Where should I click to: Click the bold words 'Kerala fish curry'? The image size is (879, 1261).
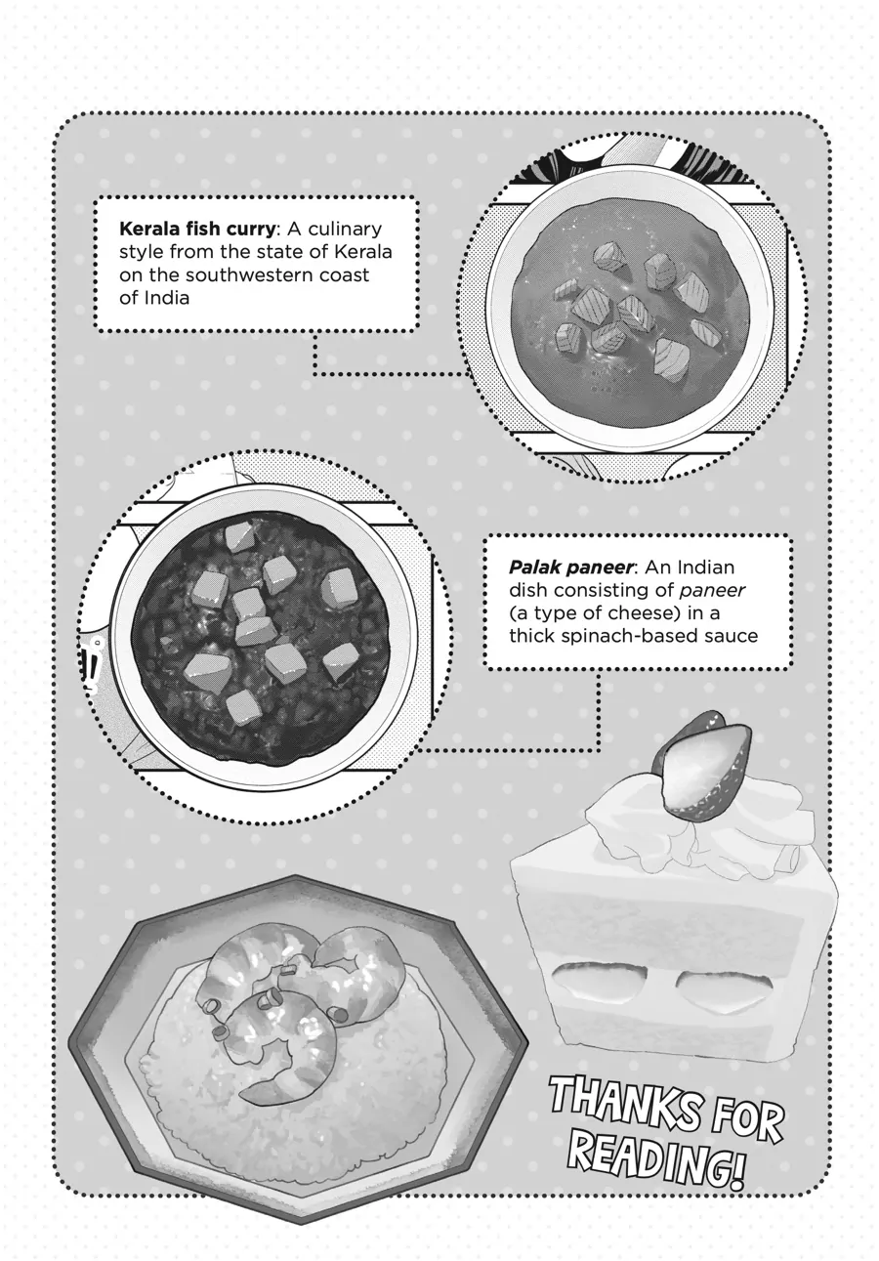(197, 231)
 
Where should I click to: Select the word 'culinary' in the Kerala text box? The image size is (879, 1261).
(345, 231)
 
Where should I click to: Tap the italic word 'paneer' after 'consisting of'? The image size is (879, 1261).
(712, 591)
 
